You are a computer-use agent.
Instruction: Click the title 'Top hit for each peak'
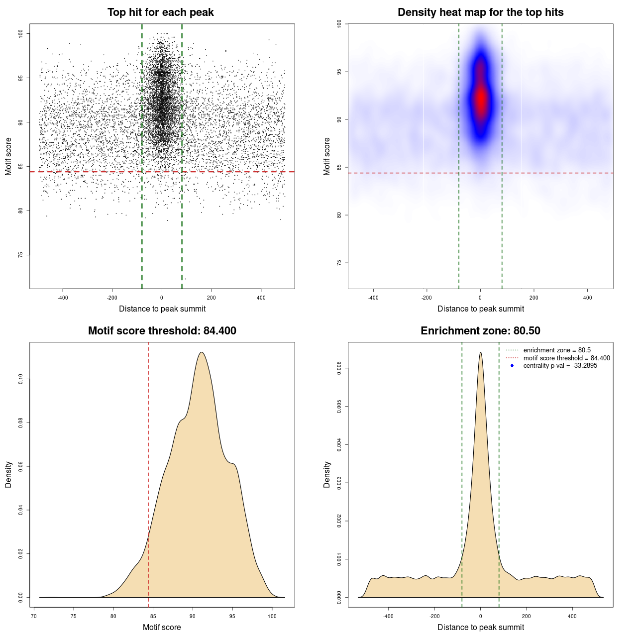[x=160, y=12]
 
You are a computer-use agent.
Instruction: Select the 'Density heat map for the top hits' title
[x=480, y=12]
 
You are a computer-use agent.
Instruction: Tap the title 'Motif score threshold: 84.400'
[x=162, y=331]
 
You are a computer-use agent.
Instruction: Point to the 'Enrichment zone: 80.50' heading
[x=480, y=331]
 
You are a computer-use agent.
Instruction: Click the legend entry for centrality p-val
[x=560, y=366]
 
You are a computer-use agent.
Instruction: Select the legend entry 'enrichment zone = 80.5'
[x=556, y=350]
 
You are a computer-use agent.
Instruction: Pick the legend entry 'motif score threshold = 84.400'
[x=566, y=358]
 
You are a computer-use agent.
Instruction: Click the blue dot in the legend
[x=512, y=366]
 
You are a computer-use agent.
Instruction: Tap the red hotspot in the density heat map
[x=481, y=100]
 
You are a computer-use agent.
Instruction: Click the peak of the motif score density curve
[x=202, y=352]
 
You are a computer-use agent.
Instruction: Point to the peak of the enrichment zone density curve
[x=480, y=352]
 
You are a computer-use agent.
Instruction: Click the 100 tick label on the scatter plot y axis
[x=21, y=33]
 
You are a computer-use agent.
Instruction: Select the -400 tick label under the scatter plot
[x=63, y=298]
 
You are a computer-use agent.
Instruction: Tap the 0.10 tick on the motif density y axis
[x=21, y=379]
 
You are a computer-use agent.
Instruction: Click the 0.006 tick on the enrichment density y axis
[x=339, y=368]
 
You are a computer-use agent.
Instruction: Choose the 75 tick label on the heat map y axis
[x=339, y=263]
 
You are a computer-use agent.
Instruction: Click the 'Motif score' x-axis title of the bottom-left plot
[x=162, y=627]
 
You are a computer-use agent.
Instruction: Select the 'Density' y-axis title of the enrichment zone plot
[x=327, y=474]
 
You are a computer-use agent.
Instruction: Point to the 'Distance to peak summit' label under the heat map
[x=480, y=309]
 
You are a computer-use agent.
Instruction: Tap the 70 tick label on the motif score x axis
[x=34, y=616]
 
